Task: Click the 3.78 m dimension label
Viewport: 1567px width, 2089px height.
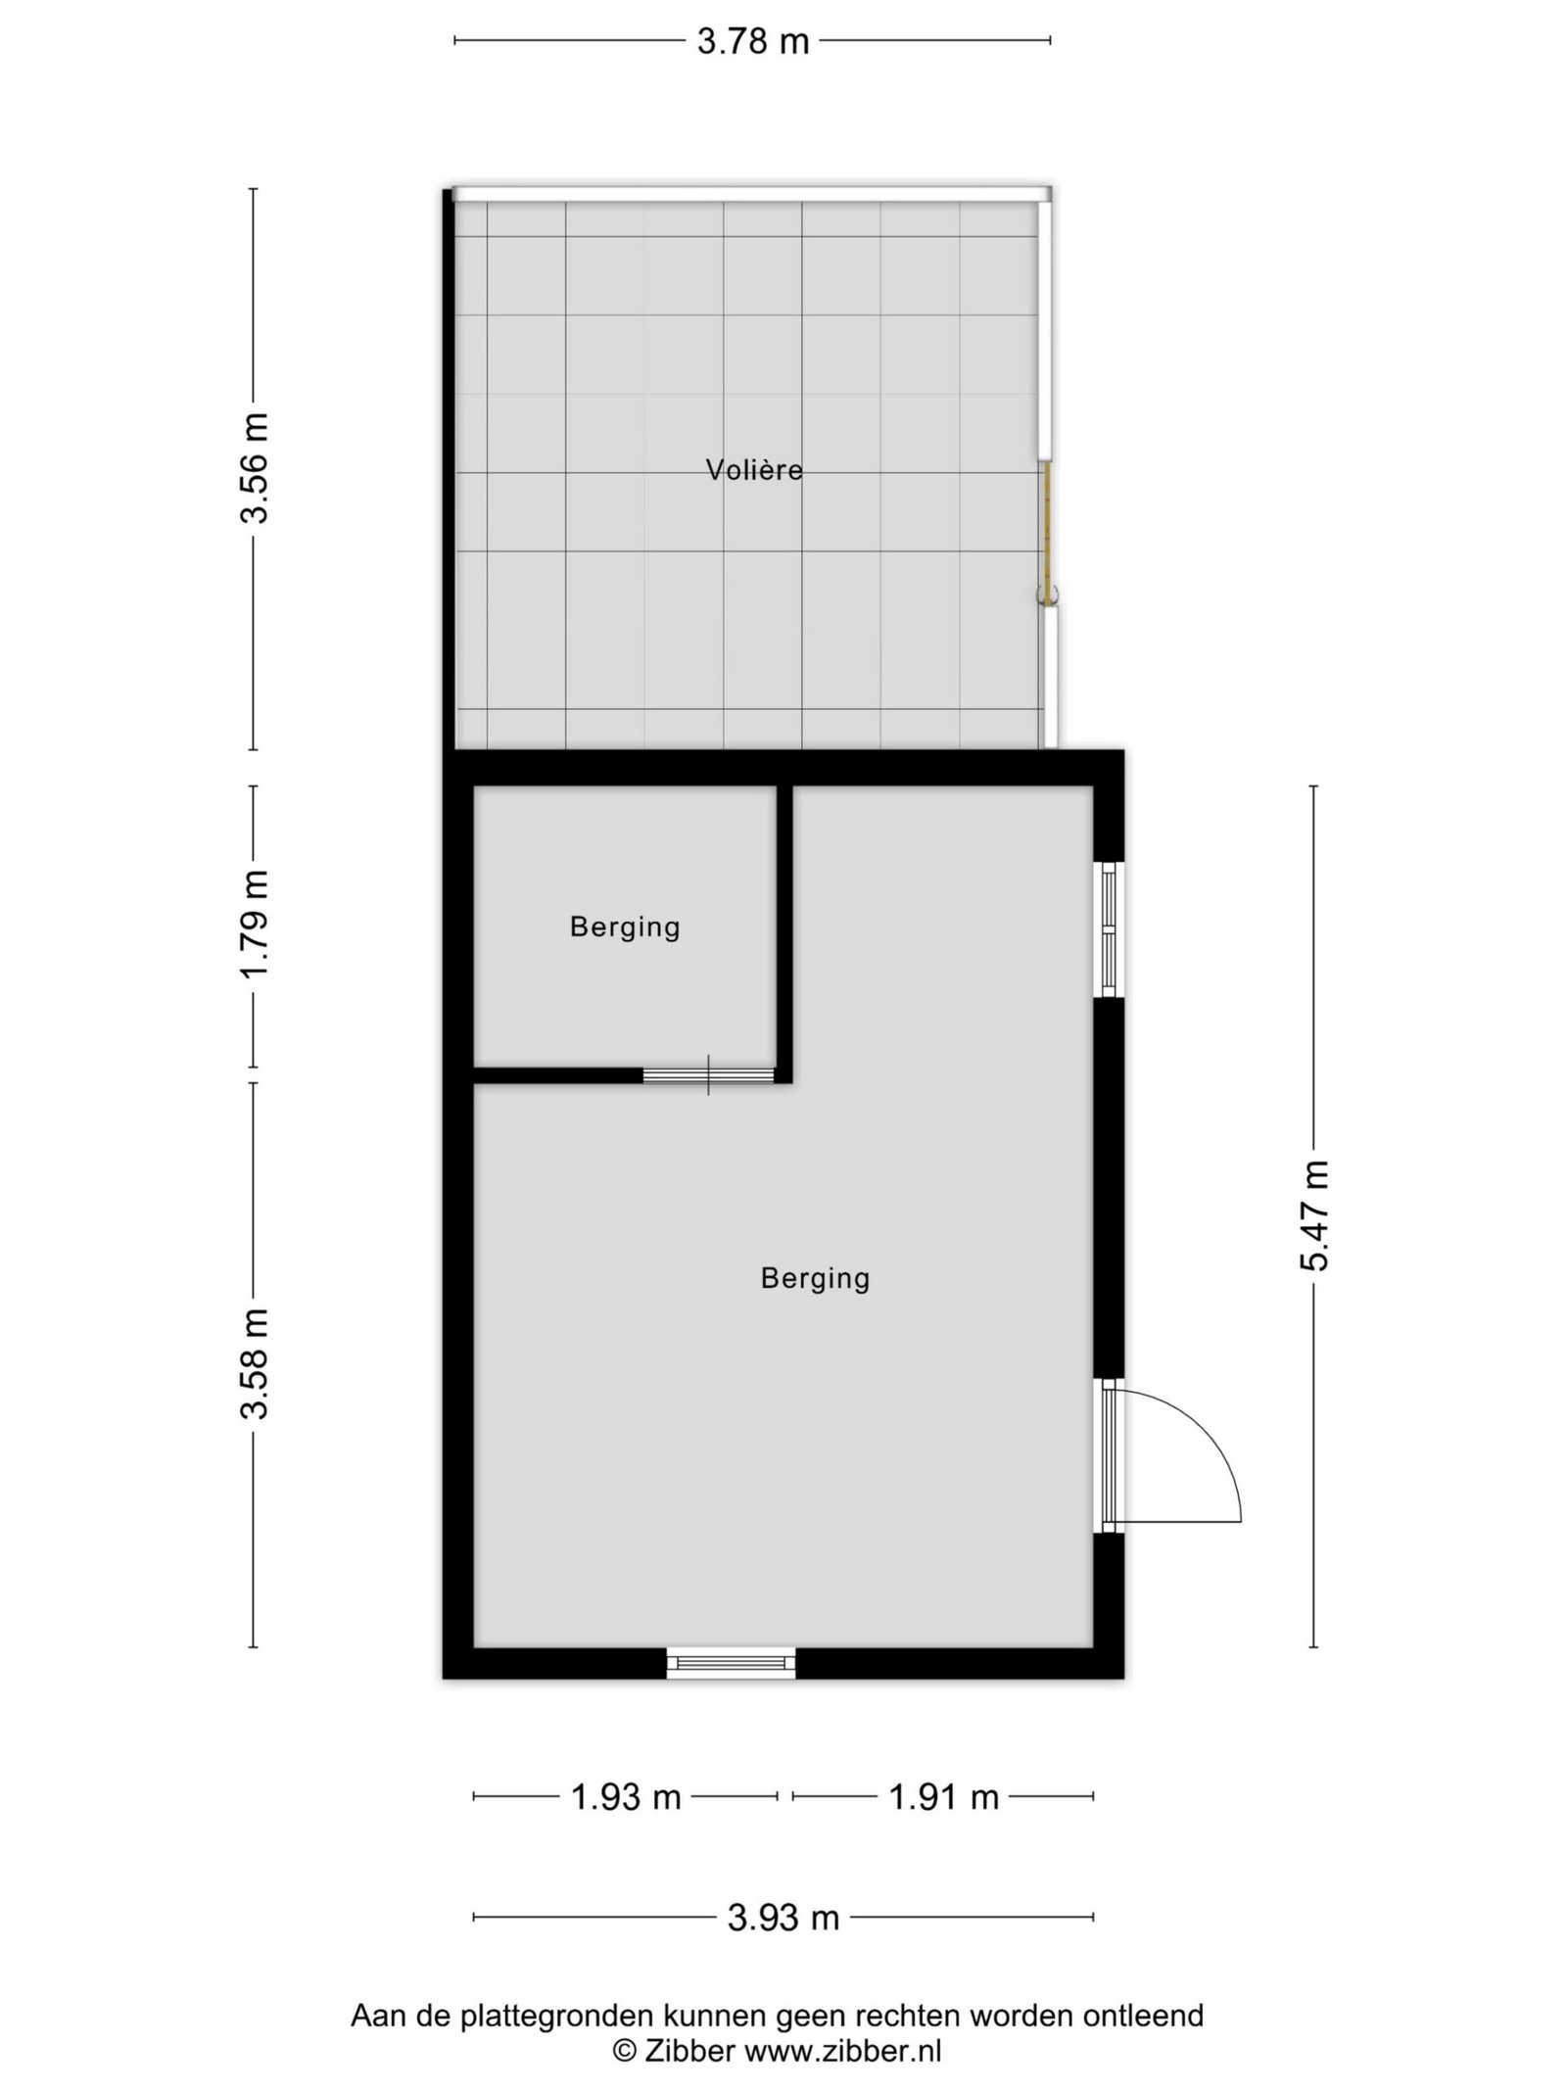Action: [753, 41]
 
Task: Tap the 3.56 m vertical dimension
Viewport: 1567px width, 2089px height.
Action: [255, 468]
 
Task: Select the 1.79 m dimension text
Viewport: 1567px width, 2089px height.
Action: [255, 925]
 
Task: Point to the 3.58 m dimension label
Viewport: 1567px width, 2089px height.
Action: [255, 1364]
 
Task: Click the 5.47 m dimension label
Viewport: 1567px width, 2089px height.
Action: [1314, 1215]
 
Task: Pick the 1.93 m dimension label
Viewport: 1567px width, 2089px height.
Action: [626, 1797]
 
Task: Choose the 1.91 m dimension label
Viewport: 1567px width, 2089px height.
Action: [943, 1797]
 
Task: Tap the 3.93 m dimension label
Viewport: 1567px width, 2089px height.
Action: [783, 1918]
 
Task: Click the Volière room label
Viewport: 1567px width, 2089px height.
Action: [754, 470]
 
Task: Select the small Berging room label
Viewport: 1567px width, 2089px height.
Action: [625, 926]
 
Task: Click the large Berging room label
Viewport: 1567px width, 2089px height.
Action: [815, 1278]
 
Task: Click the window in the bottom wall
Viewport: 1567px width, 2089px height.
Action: [731, 1663]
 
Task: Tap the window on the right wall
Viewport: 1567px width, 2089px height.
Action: [1109, 928]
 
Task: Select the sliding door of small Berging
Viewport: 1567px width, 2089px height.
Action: [708, 1074]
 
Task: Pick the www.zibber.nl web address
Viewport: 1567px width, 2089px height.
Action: [843, 2047]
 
